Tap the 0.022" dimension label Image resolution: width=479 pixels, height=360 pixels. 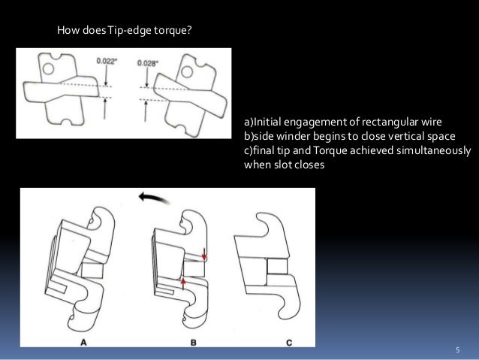click(x=107, y=61)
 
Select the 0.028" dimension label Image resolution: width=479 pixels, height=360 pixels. click(x=148, y=63)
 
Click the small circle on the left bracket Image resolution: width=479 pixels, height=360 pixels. click(x=48, y=69)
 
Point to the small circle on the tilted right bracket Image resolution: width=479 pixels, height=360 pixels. click(x=187, y=72)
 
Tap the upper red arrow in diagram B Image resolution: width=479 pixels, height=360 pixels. click(x=204, y=255)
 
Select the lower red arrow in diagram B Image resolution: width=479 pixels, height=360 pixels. click(x=183, y=283)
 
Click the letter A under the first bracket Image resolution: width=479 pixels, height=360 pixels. click(x=83, y=342)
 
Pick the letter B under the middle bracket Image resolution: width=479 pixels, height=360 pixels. click(x=194, y=342)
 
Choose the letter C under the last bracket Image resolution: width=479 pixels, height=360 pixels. click(x=289, y=343)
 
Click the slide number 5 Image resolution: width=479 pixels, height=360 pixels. click(x=458, y=350)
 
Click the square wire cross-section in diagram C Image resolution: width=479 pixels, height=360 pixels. click(x=277, y=266)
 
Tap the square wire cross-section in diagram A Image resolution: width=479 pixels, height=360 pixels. click(x=92, y=270)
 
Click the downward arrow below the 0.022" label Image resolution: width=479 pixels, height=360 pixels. click(x=106, y=76)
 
